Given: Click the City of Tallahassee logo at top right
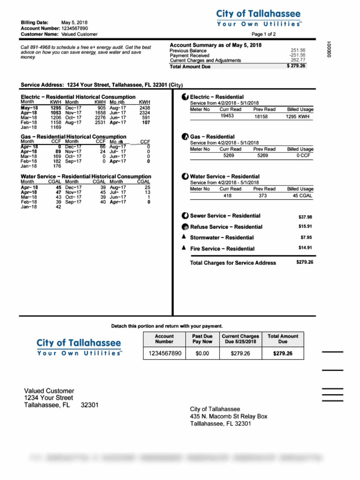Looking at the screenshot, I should pyautogui.click(x=258, y=18).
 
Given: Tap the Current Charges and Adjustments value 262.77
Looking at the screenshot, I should pyautogui.click(x=298, y=60).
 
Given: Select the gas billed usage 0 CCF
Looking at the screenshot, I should pyautogui.click(x=300, y=155).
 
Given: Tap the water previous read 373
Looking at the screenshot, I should pyautogui.click(x=262, y=195).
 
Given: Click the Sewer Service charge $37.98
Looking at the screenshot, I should pyautogui.click(x=305, y=217).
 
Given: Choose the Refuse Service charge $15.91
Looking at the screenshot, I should pyautogui.click(x=305, y=226).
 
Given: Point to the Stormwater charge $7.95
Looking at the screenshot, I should pyautogui.click(x=306, y=237).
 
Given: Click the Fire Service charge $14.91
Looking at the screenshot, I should pyautogui.click(x=305, y=247).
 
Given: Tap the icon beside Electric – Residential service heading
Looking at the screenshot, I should pyautogui.click(x=185, y=97).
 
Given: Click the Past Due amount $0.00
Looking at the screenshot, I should pyautogui.click(x=202, y=353).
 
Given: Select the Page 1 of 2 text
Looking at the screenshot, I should pyautogui.click(x=263, y=34).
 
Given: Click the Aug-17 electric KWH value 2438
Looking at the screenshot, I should pyautogui.click(x=144, y=107).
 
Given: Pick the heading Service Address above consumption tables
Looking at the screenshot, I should pyautogui.click(x=42, y=85).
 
